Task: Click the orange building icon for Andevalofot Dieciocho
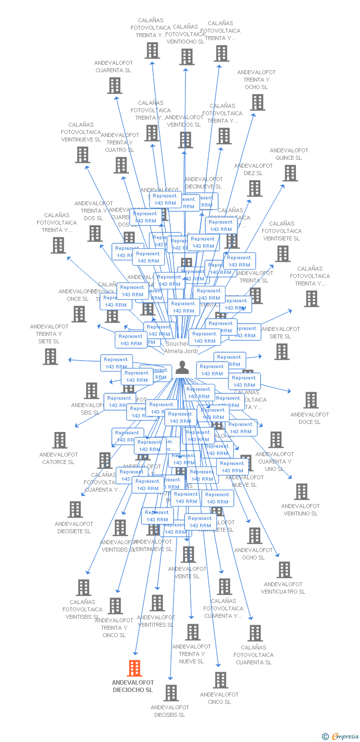pyautogui.click(x=135, y=668)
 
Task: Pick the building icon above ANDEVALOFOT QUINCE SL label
pyautogui.click(x=290, y=173)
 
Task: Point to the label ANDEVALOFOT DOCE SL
pyautogui.click(x=310, y=418)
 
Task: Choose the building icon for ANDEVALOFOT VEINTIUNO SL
pyautogui.click(x=302, y=492)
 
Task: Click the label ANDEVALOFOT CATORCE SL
pyautogui.click(x=58, y=459)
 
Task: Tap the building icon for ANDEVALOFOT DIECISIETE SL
pyautogui.click(x=75, y=509)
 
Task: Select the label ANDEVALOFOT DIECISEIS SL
pyautogui.click(x=170, y=711)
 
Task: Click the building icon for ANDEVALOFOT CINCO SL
pyautogui.click(x=221, y=680)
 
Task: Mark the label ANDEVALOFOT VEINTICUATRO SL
pyautogui.click(x=283, y=588)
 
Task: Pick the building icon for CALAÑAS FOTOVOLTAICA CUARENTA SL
pyautogui.click(x=255, y=633)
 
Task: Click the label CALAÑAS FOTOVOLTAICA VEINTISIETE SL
pyautogui.click(x=281, y=231)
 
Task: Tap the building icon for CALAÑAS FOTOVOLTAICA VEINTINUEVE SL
pyautogui.click(x=82, y=155)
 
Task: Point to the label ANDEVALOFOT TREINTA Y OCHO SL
pyautogui.click(x=256, y=80)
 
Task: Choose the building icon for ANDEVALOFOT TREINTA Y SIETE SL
pyautogui.click(x=50, y=356)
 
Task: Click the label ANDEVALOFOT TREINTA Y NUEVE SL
pyautogui.click(x=191, y=654)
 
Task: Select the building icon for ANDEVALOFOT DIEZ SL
pyautogui.click(x=255, y=188)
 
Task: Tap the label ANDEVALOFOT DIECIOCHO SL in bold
pyautogui.click(x=133, y=686)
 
